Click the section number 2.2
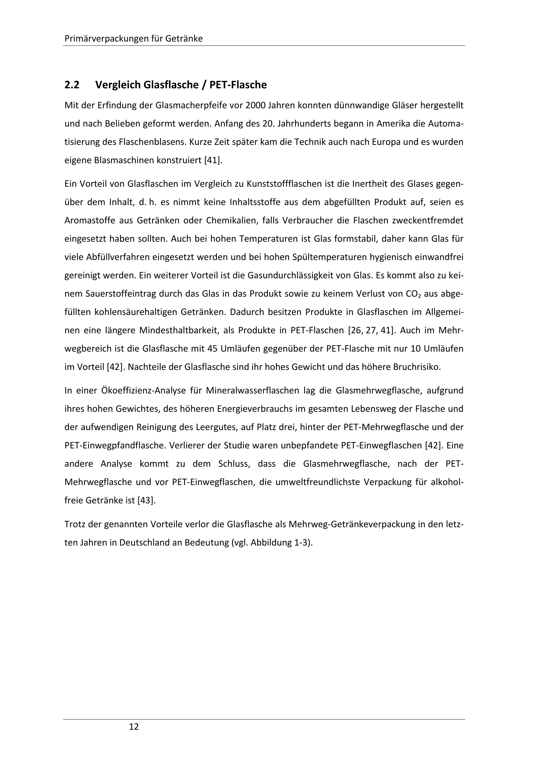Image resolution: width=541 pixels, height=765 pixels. coord(72,85)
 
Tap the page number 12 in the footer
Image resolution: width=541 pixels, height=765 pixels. coord(133,727)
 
